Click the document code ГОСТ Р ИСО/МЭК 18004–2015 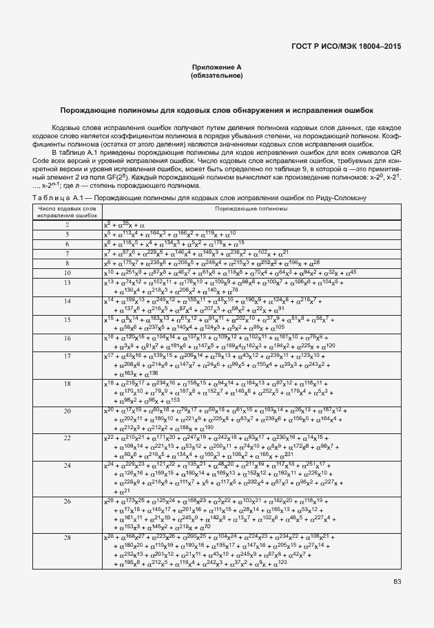(347, 47)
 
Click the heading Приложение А (217, 67)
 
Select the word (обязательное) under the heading (217, 75)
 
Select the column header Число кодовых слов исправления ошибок (68, 211)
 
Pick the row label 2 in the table (68, 225)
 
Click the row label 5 (68, 235)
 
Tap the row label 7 (68, 254)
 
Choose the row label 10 (68, 273)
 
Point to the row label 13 (68, 283)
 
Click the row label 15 (68, 320)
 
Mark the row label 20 (68, 411)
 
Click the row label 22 (68, 437)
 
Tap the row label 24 (68, 465)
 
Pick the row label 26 (68, 501)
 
